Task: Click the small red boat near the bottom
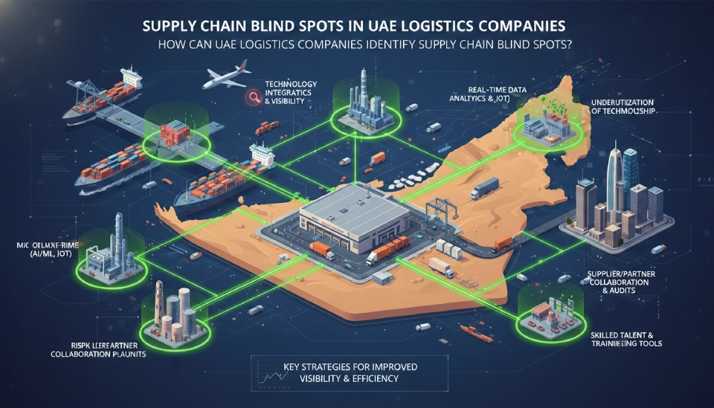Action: click(473, 328)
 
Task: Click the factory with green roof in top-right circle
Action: click(548, 123)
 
